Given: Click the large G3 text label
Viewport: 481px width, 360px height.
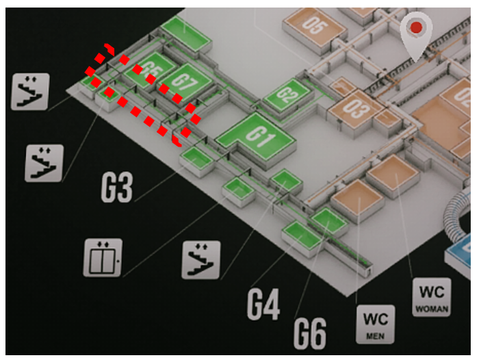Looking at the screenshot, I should coord(116,188).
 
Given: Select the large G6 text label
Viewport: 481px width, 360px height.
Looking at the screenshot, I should coord(310,333).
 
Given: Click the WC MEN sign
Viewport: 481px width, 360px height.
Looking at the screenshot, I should coord(376,324).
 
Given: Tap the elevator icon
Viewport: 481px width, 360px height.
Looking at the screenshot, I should coord(103,257).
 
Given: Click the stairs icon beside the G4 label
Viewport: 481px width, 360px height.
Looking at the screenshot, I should coord(200,260).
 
